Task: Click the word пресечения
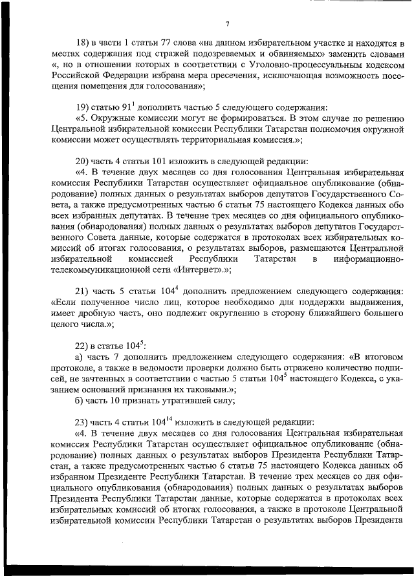219,76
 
